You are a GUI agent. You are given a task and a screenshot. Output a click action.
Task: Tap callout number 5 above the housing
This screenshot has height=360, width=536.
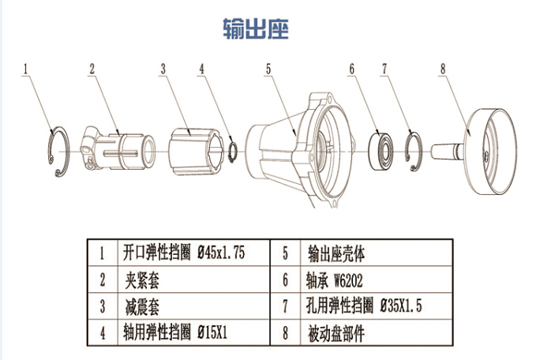[268, 69]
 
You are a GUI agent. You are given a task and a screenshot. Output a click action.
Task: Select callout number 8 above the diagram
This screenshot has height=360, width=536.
[443, 69]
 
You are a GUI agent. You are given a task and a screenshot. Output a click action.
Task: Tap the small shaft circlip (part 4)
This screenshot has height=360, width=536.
[232, 149]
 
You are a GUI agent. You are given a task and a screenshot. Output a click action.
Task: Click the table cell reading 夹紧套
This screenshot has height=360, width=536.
[142, 279]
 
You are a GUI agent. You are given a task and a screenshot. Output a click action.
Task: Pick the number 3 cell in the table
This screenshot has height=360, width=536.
[103, 306]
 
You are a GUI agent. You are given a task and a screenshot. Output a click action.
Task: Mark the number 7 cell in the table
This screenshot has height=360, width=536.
[285, 306]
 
